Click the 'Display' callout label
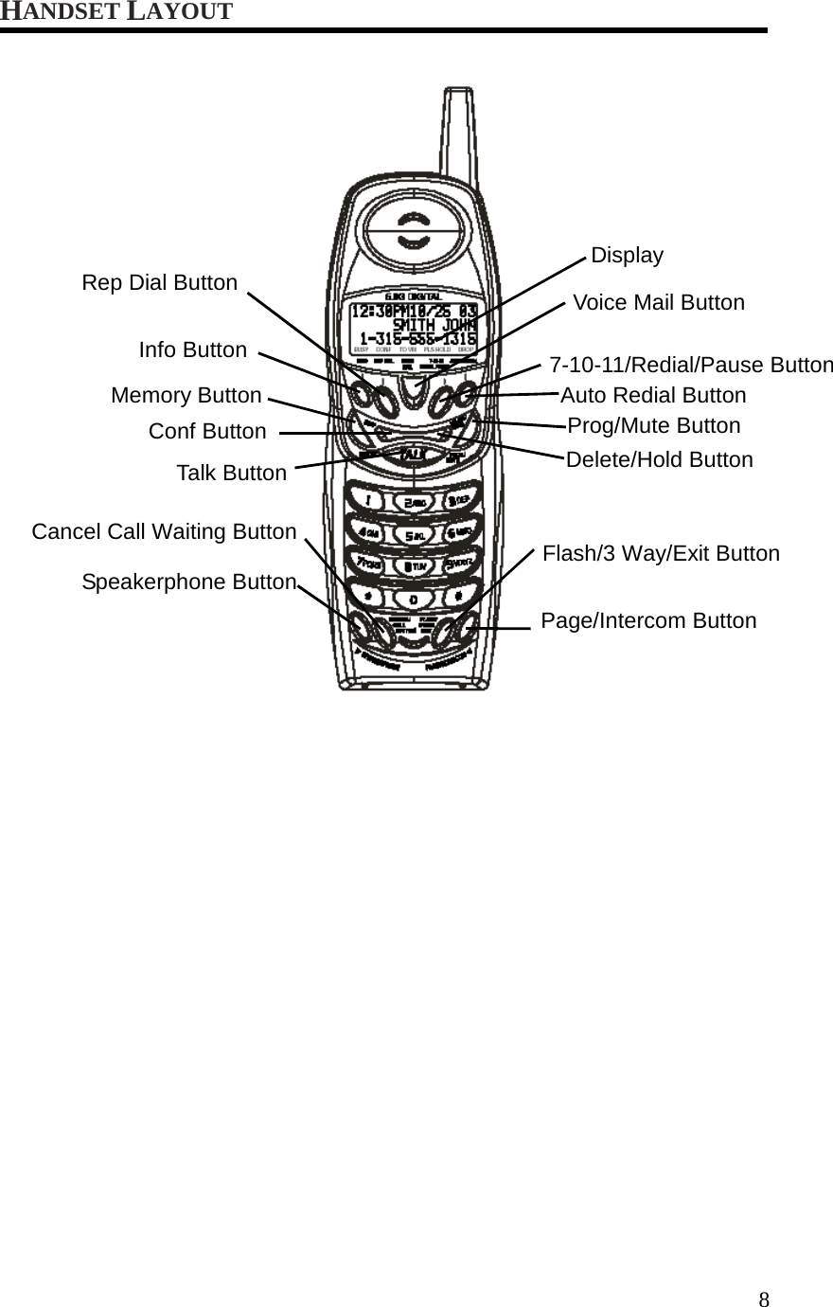(627, 256)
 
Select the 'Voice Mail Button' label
(659, 303)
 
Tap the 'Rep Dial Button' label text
(159, 283)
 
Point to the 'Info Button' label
(192, 350)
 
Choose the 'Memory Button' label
(186, 396)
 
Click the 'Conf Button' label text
(207, 432)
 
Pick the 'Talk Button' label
(231, 474)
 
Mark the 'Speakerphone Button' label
(188, 582)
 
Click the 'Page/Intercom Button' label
(648, 621)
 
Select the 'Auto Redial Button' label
(653, 396)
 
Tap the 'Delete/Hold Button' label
(659, 460)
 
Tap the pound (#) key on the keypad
(457, 598)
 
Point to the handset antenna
(455, 133)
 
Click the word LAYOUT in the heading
(180, 12)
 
